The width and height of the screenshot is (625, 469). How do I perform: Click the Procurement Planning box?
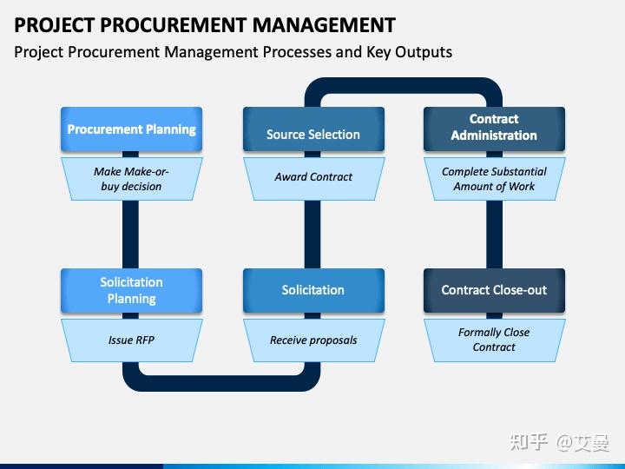(131, 129)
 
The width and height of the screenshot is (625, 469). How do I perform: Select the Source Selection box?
(312, 134)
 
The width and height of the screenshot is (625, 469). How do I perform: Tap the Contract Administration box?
(494, 128)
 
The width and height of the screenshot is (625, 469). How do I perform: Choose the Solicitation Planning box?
(131, 290)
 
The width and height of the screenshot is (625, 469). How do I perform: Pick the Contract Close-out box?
(494, 290)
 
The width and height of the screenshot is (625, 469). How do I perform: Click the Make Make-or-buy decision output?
(131, 179)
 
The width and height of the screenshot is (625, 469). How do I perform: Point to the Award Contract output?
(312, 177)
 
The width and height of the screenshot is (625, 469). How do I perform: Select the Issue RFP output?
(131, 340)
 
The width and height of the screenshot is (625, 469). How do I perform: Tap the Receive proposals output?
(312, 340)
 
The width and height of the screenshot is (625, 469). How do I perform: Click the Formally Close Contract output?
(494, 340)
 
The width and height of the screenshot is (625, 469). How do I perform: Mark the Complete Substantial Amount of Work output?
(494, 179)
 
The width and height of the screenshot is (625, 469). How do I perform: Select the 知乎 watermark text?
(529, 442)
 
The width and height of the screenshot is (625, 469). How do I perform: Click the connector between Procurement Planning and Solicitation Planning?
(131, 234)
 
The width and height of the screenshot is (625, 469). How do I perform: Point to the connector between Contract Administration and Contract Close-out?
(494, 234)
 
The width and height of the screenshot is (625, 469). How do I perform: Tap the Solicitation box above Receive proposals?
(312, 290)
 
